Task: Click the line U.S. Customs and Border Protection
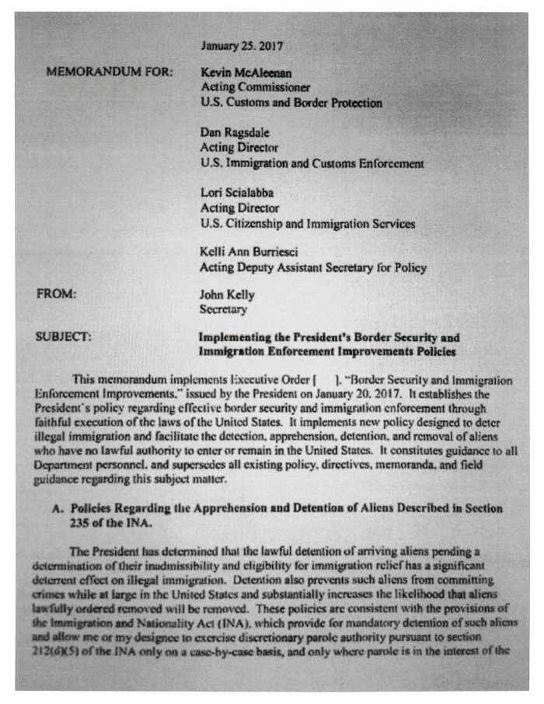pos(291,103)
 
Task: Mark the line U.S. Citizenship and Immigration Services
pos(307,224)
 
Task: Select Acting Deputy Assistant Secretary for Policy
pos(313,268)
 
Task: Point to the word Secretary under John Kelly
pos(223,310)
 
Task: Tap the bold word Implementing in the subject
pos(236,338)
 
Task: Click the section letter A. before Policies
pos(57,507)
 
